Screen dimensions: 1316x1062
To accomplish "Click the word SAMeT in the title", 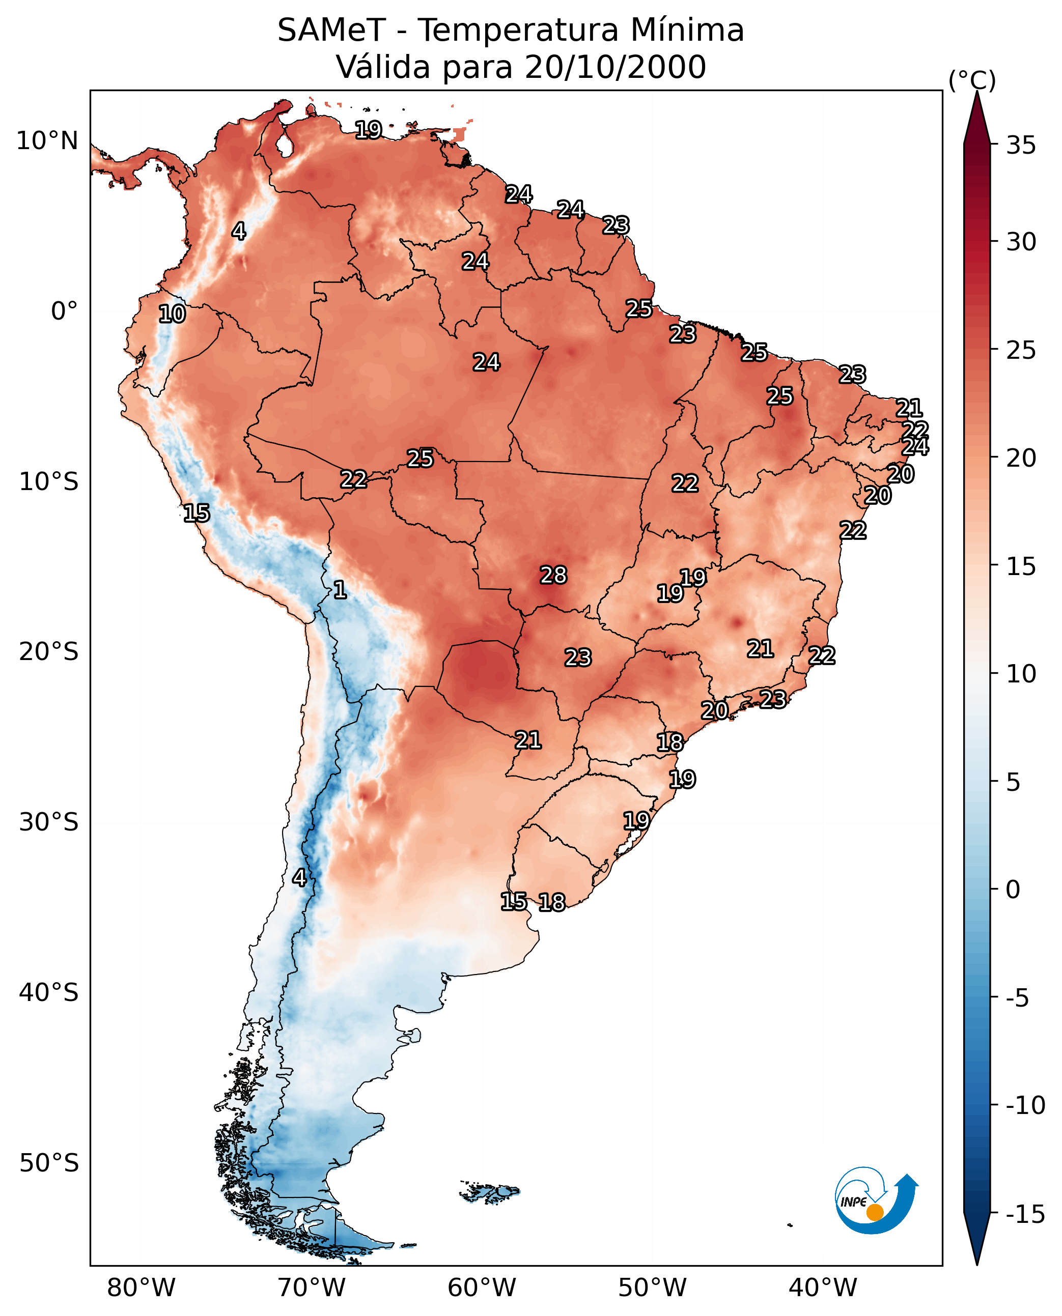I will coord(331,31).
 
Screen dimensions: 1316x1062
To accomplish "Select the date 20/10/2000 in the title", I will coord(615,67).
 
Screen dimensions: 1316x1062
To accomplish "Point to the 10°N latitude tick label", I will coord(47,141).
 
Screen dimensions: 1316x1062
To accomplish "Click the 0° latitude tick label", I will coord(64,311).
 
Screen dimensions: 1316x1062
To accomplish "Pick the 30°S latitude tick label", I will coord(48,822).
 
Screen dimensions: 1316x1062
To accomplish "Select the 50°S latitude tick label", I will coord(48,1162).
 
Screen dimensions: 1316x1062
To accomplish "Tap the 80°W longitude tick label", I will coord(142,1288).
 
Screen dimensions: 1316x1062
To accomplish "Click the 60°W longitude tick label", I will coord(482,1288).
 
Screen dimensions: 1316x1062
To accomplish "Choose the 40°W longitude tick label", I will coord(823,1288).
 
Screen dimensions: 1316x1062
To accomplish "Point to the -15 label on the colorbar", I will coord(1025,1215).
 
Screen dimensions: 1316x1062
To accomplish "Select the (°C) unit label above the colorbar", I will coord(972,80).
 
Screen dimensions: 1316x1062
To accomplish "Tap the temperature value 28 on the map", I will coord(553,575).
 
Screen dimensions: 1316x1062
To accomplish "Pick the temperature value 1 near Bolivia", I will coord(340,589).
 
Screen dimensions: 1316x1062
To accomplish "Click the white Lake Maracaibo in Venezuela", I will coord(284,145).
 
